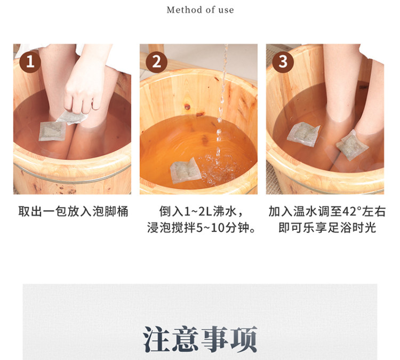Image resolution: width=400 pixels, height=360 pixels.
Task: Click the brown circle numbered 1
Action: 30,62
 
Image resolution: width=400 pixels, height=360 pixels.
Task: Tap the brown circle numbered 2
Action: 156,62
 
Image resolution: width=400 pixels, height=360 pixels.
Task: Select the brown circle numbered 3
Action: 283,62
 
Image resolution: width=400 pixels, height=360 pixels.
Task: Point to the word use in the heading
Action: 226,10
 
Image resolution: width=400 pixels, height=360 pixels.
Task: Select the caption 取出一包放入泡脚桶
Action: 73,211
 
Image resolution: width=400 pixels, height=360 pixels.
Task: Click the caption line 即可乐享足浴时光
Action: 327,227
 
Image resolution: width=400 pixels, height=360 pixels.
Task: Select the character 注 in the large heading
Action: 156,339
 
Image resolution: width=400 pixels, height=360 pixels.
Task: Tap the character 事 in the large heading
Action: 214,339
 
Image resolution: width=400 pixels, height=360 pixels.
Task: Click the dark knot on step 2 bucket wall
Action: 188,106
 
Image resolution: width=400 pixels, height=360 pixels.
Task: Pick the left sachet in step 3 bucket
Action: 303,134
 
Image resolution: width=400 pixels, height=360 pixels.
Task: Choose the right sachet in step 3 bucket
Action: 352,145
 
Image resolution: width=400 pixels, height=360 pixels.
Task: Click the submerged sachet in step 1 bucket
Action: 52,131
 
